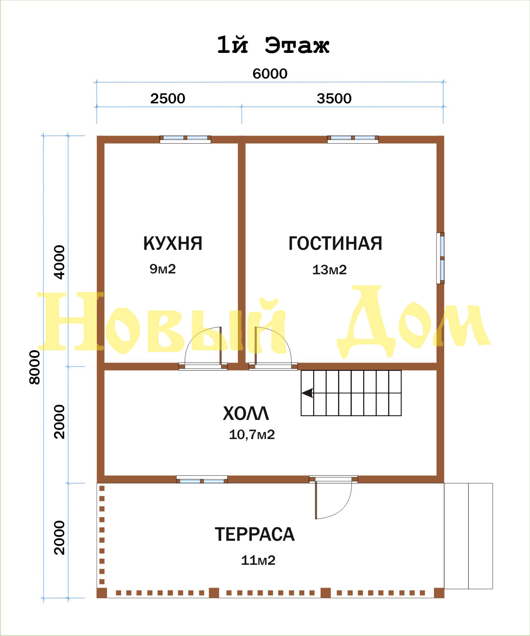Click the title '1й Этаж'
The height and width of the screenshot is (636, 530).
pyautogui.click(x=273, y=46)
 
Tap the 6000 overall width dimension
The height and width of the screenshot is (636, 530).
pyautogui.click(x=270, y=74)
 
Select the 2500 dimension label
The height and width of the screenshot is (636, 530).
pyautogui.click(x=168, y=99)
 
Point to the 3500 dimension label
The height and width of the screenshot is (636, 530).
pyautogui.click(x=334, y=99)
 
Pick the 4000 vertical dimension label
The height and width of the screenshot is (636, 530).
pyautogui.click(x=59, y=262)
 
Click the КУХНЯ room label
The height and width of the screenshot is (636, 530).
pyautogui.click(x=172, y=243)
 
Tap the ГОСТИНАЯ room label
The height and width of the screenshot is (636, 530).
pyautogui.click(x=335, y=243)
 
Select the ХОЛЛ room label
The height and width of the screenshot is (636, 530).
pyautogui.click(x=246, y=414)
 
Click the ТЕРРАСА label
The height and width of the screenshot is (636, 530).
pyautogui.click(x=255, y=534)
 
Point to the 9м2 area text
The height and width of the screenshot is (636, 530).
pyautogui.click(x=163, y=269)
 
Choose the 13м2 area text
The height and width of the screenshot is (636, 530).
pyautogui.click(x=329, y=270)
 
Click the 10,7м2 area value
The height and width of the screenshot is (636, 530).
pyautogui.click(x=252, y=435)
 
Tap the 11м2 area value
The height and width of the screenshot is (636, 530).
pyautogui.click(x=258, y=560)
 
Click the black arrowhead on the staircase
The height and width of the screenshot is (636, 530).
pyautogui.click(x=308, y=393)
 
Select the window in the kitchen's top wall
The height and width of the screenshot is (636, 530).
pyautogui.click(x=185, y=139)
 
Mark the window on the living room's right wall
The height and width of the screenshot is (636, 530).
pyautogui.click(x=441, y=258)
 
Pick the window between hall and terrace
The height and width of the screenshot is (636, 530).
pyautogui.click(x=202, y=479)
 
